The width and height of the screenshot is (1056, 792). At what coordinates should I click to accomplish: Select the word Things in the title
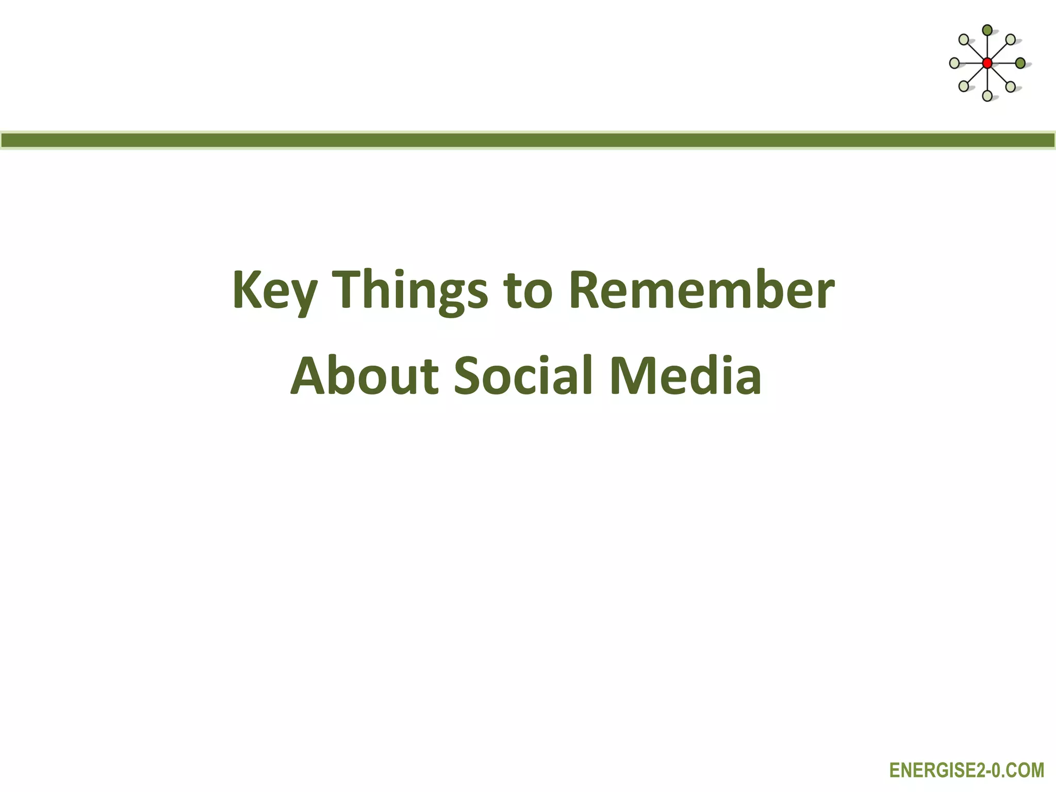pos(410,290)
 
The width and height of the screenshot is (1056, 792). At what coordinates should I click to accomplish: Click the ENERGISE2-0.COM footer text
pos(967,770)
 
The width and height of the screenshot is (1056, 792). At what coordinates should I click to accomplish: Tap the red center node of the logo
pos(987,63)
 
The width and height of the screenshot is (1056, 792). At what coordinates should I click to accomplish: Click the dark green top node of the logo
pos(987,30)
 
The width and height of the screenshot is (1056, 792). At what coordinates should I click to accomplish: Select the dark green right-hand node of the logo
pos(1020,63)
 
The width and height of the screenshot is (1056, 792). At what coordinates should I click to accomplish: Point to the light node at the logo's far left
pos(954,63)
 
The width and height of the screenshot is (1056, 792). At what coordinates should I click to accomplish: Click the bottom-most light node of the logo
pos(987,96)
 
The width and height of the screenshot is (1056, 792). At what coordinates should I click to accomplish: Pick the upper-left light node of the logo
pos(963,40)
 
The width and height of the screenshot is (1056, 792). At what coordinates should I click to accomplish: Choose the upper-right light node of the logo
pos(1011,40)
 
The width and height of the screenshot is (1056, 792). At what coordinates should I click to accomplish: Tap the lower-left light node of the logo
pos(963,87)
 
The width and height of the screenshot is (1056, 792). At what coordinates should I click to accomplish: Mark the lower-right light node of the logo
pos(1011,87)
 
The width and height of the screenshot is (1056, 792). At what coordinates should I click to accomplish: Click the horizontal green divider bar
pos(528,140)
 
